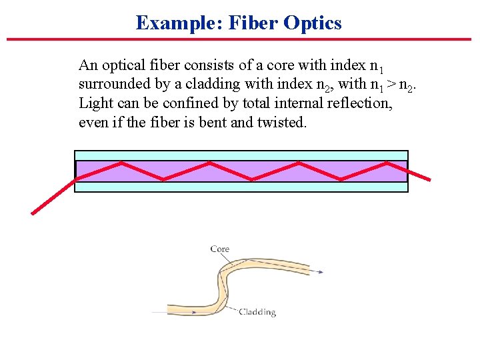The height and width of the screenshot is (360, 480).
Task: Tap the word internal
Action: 295,103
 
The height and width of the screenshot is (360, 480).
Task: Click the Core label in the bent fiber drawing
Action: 220,249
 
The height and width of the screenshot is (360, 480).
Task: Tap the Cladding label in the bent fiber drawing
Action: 257,312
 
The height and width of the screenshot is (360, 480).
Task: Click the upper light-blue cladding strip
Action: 240,155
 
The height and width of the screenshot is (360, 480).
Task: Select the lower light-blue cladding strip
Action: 240,187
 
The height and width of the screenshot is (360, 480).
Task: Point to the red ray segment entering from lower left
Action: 53,197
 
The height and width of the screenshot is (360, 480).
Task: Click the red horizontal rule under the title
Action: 240,39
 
